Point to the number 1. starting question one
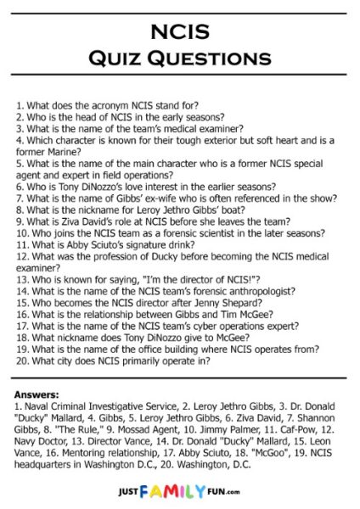(x=20, y=109)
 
